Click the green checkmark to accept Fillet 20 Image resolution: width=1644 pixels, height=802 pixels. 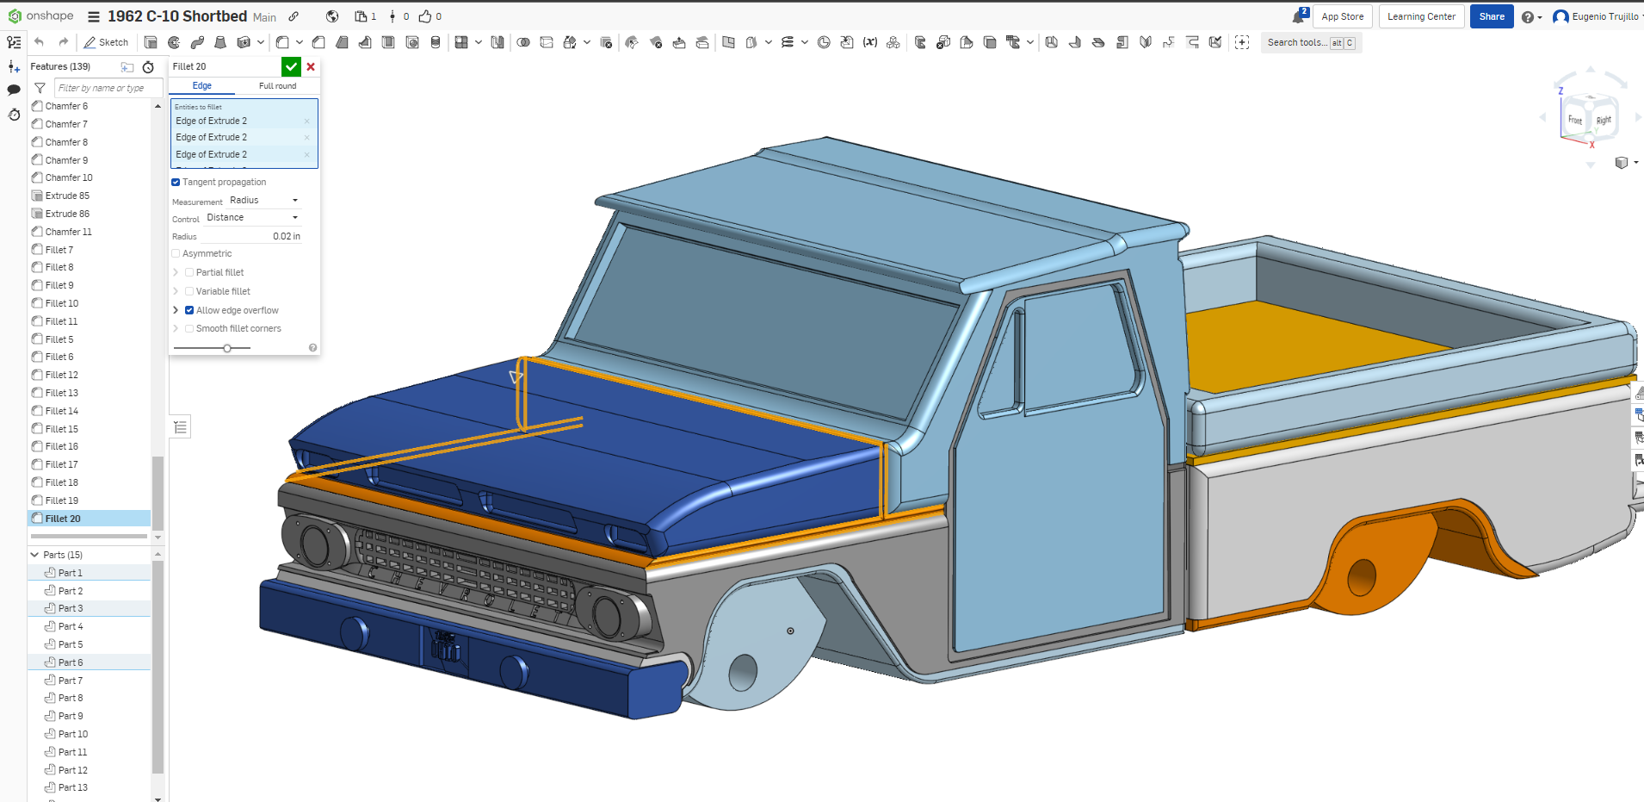(x=291, y=66)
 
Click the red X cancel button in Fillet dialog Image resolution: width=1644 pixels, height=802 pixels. (x=311, y=66)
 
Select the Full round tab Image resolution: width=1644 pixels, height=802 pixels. (x=277, y=86)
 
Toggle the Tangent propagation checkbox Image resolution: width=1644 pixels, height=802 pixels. (x=176, y=183)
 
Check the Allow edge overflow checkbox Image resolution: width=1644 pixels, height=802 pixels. (x=189, y=310)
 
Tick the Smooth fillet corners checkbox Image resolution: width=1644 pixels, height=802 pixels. (x=189, y=328)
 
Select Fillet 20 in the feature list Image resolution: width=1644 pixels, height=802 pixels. (x=63, y=519)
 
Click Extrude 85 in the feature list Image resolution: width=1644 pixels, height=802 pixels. (x=67, y=196)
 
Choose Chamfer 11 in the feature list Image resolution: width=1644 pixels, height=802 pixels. (x=68, y=232)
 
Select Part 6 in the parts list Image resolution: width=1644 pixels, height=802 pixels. (x=71, y=662)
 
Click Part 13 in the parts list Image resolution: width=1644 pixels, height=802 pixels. (x=73, y=787)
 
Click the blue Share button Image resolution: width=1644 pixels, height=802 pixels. (x=1491, y=16)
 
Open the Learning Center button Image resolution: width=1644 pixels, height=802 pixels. (x=1420, y=16)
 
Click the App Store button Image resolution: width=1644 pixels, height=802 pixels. (x=1342, y=16)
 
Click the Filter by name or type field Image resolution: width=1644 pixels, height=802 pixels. (x=108, y=88)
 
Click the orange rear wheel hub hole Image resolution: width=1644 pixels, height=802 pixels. (x=1361, y=577)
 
